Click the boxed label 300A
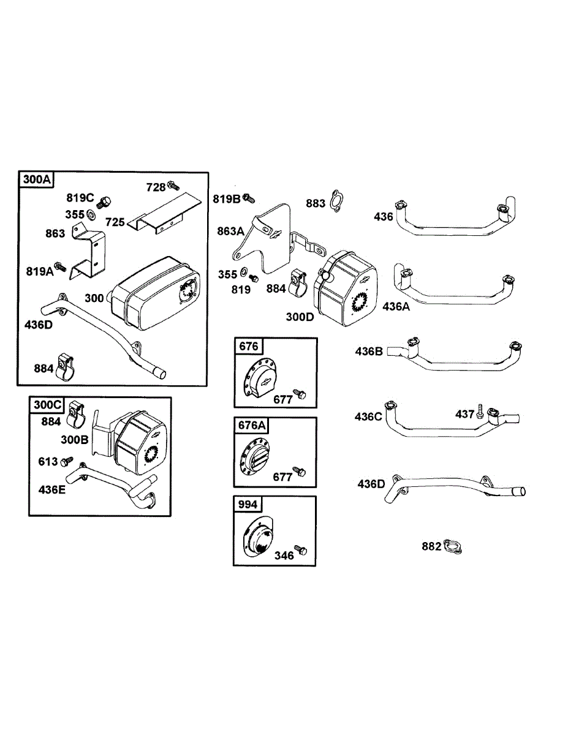37,179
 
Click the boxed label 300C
48,405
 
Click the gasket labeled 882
452,546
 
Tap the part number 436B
369,352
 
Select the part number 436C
368,417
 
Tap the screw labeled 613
67,459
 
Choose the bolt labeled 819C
105,200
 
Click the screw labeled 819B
248,197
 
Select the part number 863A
230,231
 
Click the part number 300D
300,317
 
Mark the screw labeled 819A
60,266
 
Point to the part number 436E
53,489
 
